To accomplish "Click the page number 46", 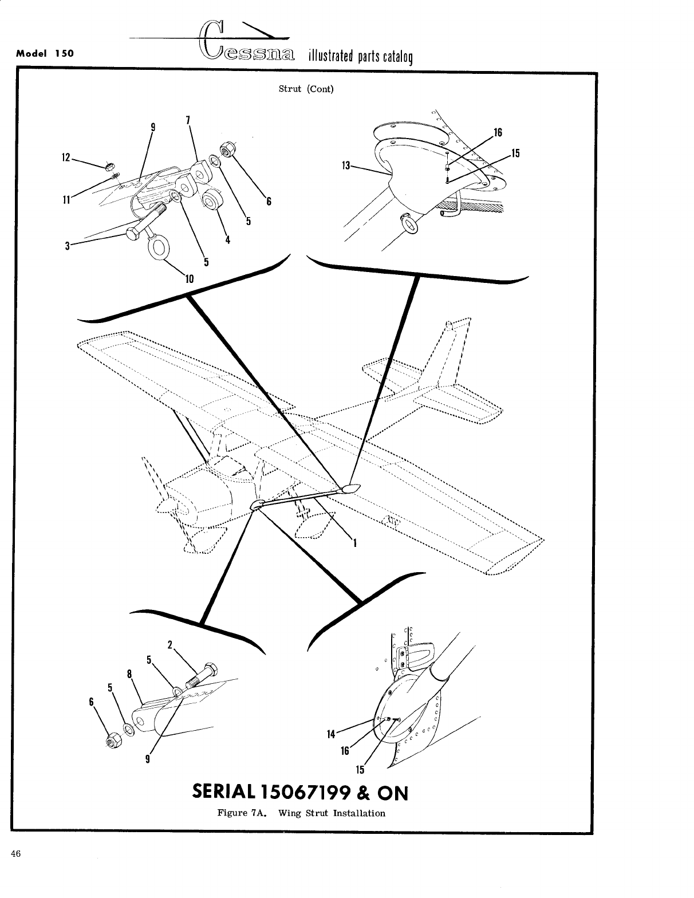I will (15, 853).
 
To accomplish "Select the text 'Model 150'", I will (45, 54).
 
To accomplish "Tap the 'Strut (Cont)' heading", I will (306, 89).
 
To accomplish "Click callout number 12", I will (66, 156).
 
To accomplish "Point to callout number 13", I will (345, 166).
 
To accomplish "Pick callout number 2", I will (170, 644).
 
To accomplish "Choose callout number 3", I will (68, 246).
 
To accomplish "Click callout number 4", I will (227, 240).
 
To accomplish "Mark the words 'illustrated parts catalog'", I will (360, 57).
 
